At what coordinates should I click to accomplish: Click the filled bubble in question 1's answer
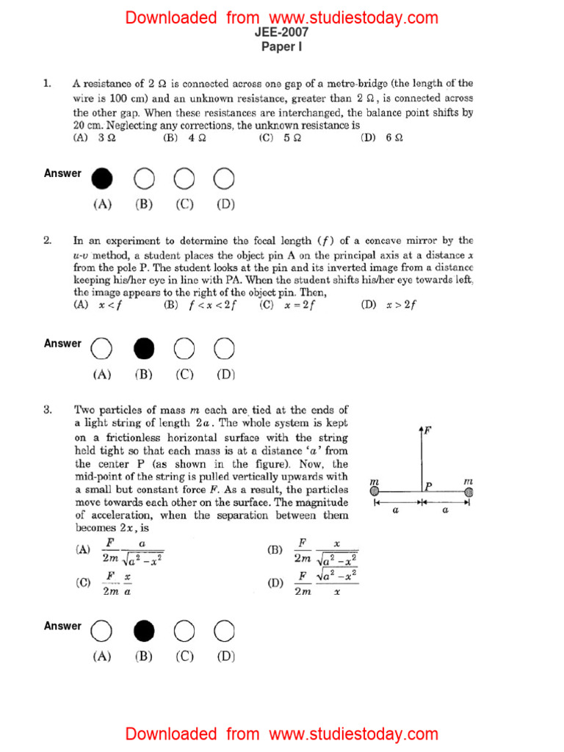point(102,178)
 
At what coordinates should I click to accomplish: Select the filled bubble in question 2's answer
point(144,347)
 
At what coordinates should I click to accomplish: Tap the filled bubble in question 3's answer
point(144,630)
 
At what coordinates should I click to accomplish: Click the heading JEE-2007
point(282,32)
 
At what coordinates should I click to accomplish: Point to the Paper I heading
point(282,46)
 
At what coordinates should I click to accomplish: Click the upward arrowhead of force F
point(420,428)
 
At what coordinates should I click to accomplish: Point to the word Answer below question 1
point(62,173)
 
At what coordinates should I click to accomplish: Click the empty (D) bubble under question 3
point(224,630)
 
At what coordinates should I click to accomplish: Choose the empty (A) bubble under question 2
point(102,347)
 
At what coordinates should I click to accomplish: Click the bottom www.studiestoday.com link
point(353,734)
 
